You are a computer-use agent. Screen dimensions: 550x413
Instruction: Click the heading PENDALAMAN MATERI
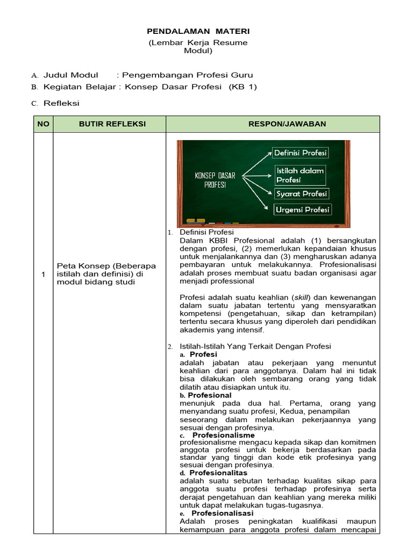coord(198,32)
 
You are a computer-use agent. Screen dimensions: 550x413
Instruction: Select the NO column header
coord(43,124)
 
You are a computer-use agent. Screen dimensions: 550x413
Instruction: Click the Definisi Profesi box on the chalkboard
coord(300,153)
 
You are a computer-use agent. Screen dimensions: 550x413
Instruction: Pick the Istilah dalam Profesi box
coord(300,175)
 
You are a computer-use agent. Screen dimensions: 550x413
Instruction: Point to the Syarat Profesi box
coord(301,193)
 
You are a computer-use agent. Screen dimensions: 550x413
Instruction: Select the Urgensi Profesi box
coord(302,209)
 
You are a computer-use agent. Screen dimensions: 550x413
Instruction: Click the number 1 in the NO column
coord(43,275)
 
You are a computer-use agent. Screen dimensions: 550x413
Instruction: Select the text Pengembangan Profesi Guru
coord(187,75)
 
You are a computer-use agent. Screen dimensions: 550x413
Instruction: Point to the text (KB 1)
coord(243,87)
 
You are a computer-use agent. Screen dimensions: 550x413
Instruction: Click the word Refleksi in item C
coord(61,103)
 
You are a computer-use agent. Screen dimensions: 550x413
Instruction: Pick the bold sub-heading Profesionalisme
coord(223,435)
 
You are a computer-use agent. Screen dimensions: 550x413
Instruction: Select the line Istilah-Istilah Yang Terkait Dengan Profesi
coord(255,346)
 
